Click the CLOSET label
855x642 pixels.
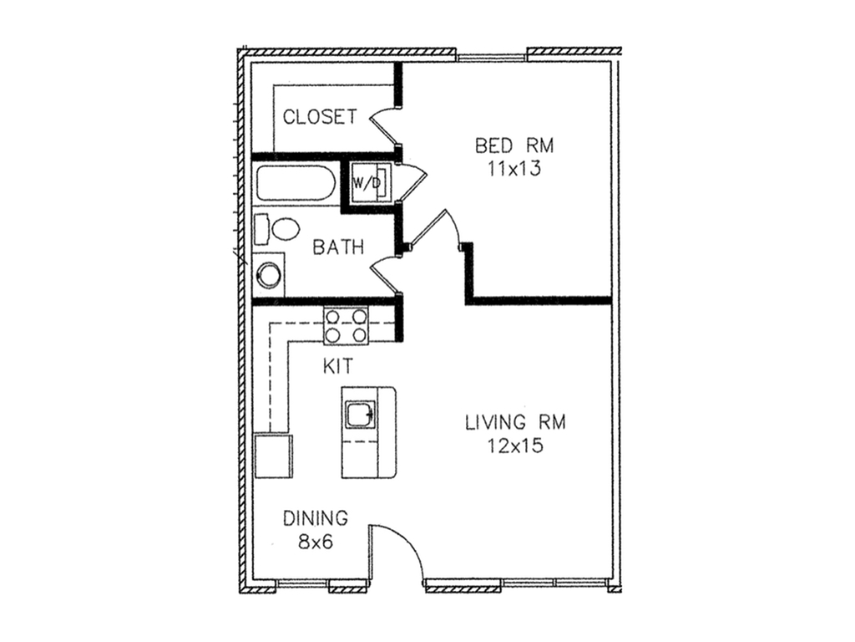tap(320, 117)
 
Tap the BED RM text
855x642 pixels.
tap(514, 145)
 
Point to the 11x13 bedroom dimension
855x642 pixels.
tap(514, 169)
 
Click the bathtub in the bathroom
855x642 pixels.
tap(295, 183)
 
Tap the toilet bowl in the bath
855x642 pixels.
tap(286, 229)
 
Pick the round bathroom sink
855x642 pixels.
tap(268, 274)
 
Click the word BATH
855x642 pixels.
tap(338, 247)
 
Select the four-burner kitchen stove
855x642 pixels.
tap(346, 326)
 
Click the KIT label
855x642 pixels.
tap(338, 366)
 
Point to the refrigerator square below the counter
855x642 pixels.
tap(273, 456)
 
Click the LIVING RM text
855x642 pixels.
tap(515, 422)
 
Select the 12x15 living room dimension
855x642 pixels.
tap(515, 446)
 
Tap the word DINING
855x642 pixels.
tap(316, 518)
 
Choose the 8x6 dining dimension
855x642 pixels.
tap(316, 542)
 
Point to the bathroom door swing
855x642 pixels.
tap(384, 274)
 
